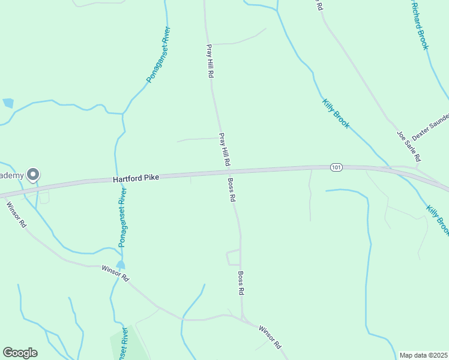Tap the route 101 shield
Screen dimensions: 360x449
point(336,167)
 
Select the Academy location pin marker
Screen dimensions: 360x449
point(33,175)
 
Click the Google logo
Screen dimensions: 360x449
point(20,352)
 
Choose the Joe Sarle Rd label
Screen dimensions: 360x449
point(408,146)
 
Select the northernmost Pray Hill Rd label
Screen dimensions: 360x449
point(210,61)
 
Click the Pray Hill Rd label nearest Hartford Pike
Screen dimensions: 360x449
point(224,149)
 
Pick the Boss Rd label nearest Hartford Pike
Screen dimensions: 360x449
point(231,190)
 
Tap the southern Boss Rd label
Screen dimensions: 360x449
point(241,283)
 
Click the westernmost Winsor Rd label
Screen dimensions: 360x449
point(16,214)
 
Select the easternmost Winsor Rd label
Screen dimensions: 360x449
point(270,337)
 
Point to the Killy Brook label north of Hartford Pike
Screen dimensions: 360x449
point(336,113)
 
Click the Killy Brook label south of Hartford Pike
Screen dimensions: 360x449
point(438,220)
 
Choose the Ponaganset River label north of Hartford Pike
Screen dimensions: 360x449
point(158,55)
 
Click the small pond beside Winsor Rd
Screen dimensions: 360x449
point(121,265)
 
